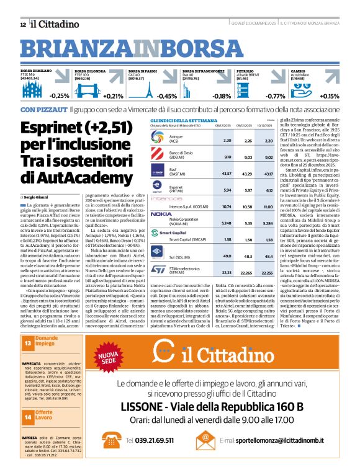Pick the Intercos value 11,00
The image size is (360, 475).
[x=268, y=205]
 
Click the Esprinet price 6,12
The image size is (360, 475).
[x=268, y=189]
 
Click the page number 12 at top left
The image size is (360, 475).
[x=22, y=24]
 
